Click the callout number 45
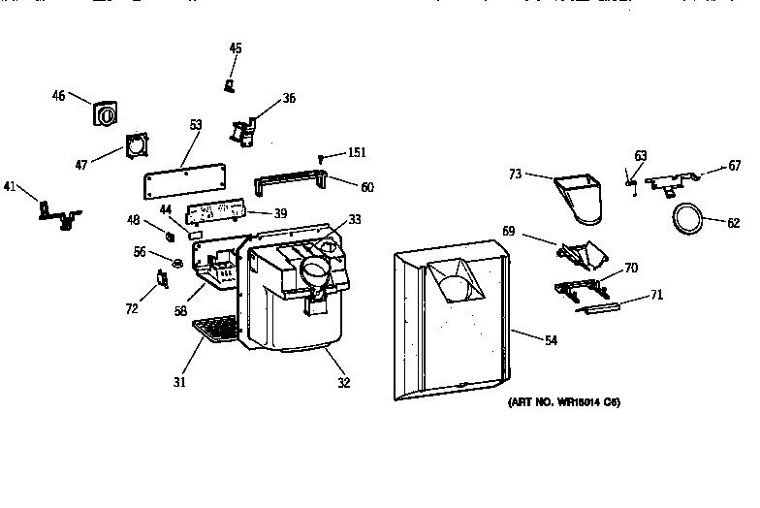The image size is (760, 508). point(236,48)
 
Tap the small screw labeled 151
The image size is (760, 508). point(321,154)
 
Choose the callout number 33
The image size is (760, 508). point(355,220)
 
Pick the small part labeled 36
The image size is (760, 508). point(242,131)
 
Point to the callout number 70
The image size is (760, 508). point(631,267)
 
